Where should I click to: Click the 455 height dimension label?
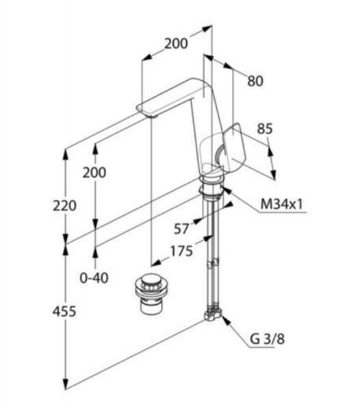(x=64, y=312)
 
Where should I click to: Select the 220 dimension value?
(x=64, y=206)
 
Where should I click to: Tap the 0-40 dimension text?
(x=94, y=278)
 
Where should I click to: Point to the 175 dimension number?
(x=181, y=251)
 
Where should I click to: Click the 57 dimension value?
(x=181, y=229)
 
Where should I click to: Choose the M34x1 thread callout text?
(x=282, y=203)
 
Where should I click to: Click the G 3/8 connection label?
(x=267, y=339)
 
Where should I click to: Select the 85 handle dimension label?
(x=265, y=129)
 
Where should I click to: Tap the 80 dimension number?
(x=255, y=81)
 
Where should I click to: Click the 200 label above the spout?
(x=176, y=44)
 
